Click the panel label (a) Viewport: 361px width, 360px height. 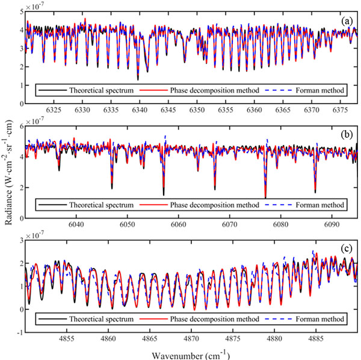(x=346, y=21)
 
